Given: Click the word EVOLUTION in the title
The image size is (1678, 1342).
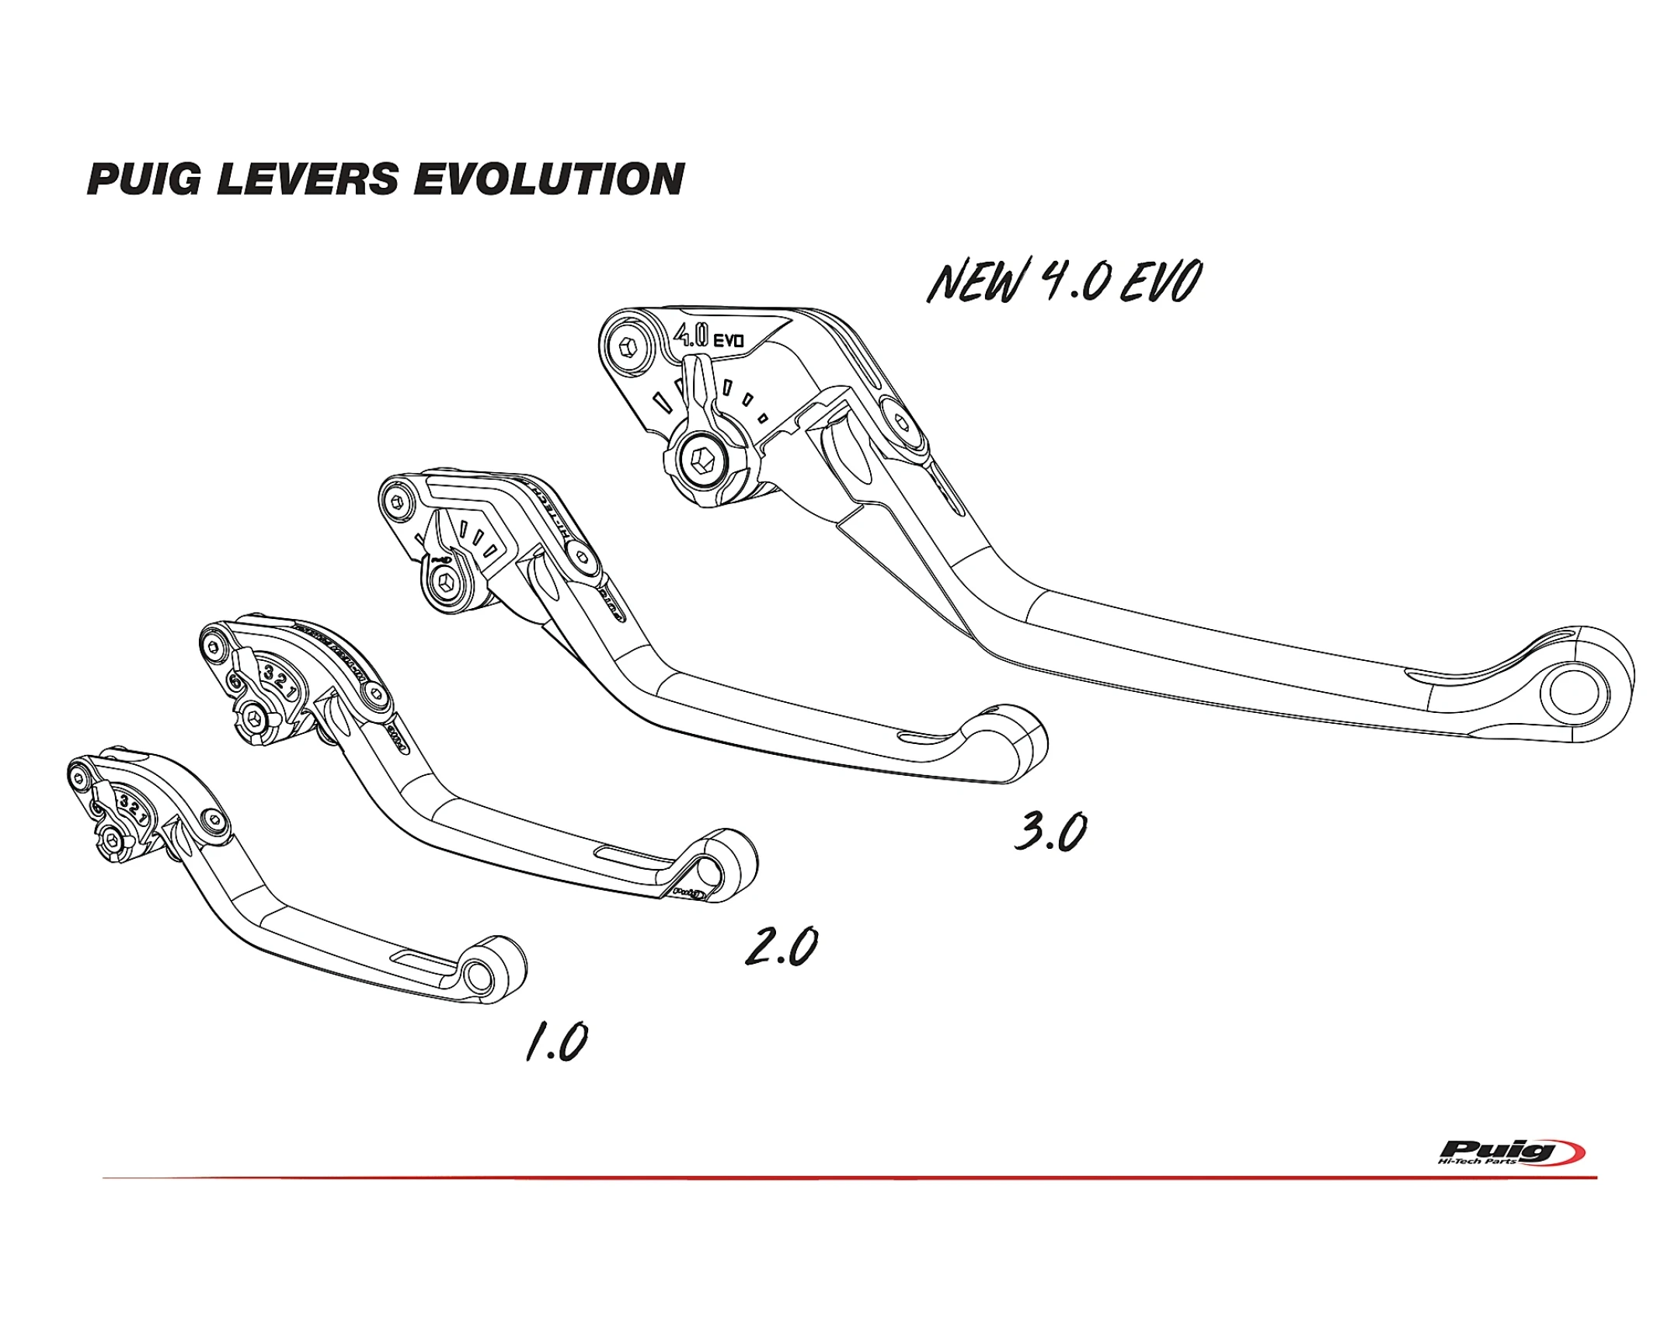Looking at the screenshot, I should pos(549,179).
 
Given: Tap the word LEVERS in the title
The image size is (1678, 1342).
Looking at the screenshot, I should pos(308,179).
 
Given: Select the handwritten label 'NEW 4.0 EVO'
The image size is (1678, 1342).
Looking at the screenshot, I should pos(1064,281).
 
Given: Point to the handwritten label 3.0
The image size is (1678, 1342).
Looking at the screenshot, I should pos(1050,832).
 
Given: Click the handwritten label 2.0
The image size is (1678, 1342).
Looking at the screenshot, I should pos(781,947).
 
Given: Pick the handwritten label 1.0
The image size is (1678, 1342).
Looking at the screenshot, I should pos(556,1041).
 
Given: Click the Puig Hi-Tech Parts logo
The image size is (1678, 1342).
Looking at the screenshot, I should pos(1510,1153).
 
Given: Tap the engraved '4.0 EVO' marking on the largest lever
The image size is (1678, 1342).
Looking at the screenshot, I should pos(708,337).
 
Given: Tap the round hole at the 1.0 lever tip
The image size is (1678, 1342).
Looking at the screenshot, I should pos(478,974).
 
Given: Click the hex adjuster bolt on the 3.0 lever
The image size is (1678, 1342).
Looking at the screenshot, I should pos(446,583).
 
